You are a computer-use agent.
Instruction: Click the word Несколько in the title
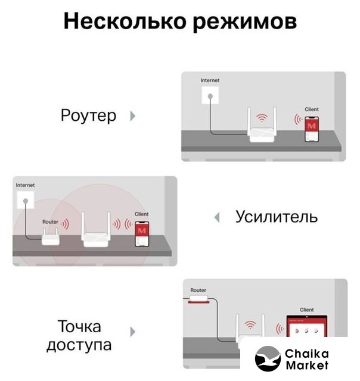(125, 21)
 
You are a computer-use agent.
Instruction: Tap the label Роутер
(88, 115)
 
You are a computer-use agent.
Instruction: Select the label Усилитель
(277, 217)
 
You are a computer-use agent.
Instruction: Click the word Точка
(79, 326)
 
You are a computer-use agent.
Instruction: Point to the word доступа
(79, 345)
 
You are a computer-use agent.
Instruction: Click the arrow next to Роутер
(132, 116)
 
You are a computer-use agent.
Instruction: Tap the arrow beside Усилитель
(217, 217)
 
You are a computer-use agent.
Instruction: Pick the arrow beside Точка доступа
(132, 332)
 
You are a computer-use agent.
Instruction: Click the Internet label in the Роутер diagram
(210, 80)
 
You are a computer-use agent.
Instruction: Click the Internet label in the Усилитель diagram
(25, 185)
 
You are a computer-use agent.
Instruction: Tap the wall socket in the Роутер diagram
(210, 95)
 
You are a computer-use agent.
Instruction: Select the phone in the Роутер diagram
(312, 129)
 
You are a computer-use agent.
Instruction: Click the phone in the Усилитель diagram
(142, 234)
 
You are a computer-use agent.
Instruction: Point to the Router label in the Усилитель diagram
(50, 222)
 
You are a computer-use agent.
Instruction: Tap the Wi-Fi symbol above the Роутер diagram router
(262, 118)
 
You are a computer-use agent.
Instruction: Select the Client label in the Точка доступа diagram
(307, 310)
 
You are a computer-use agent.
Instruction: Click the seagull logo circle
(268, 358)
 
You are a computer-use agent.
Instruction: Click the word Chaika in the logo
(307, 354)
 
